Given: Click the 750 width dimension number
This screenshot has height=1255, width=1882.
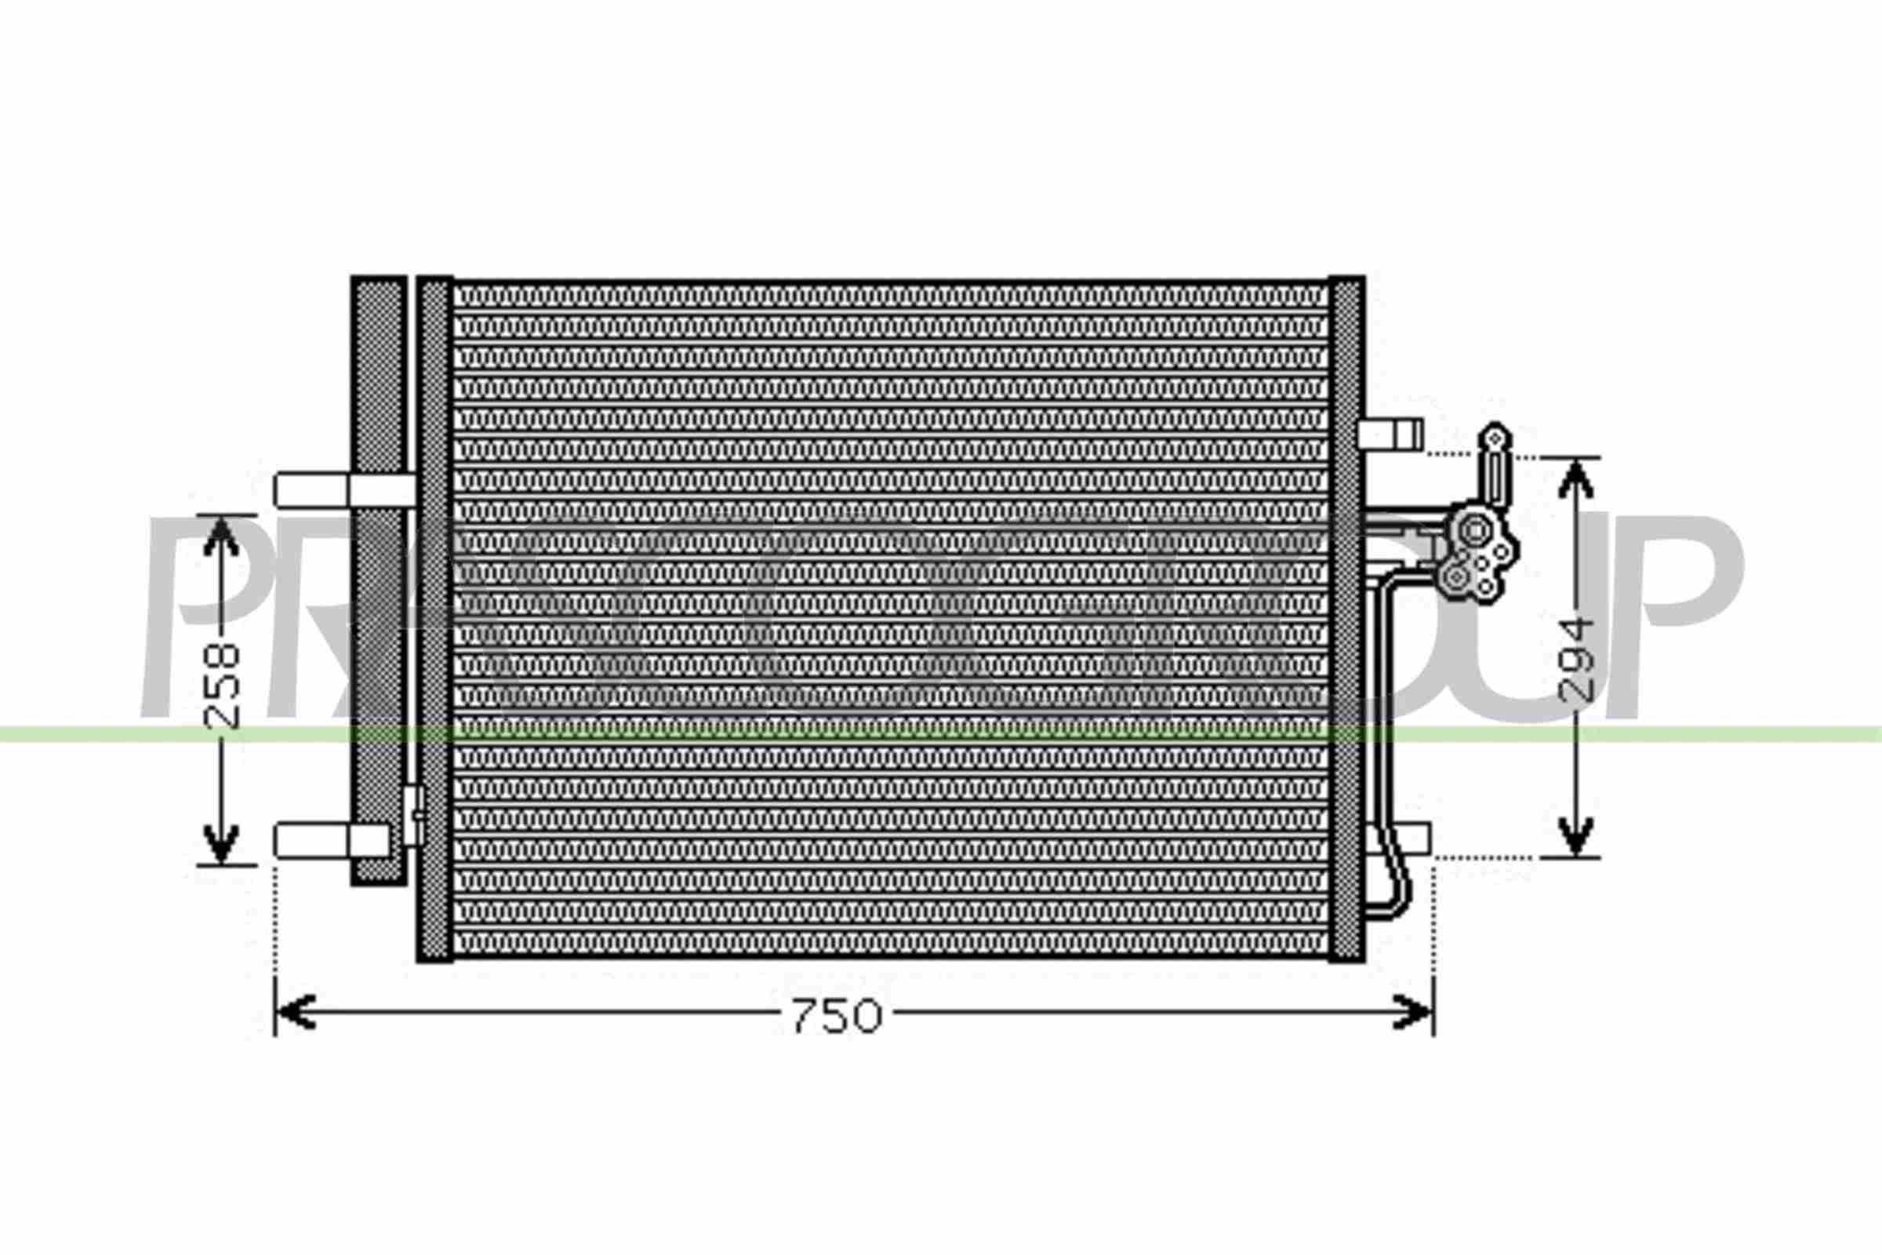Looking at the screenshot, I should coord(836,1016).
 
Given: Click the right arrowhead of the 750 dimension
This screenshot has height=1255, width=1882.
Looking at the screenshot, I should coord(1413,1013).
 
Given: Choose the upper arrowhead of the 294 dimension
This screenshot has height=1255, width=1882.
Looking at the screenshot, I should coord(1575,478).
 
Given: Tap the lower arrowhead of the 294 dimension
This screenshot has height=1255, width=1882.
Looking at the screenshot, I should coord(1575,835).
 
